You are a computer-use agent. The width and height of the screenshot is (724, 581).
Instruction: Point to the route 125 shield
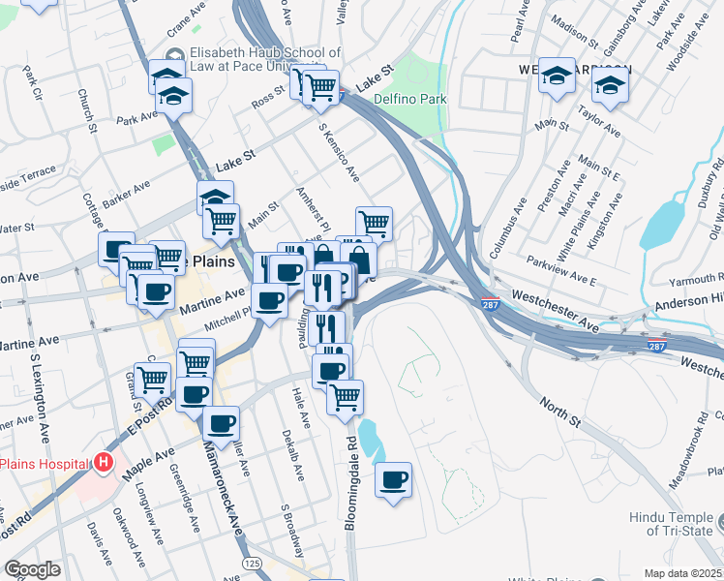tap(253, 563)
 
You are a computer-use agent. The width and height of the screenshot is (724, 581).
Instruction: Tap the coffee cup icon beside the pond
tap(393, 479)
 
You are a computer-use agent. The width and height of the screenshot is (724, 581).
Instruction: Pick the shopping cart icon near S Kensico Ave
tap(374, 223)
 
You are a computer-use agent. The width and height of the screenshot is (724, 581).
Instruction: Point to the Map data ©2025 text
tap(682, 572)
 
